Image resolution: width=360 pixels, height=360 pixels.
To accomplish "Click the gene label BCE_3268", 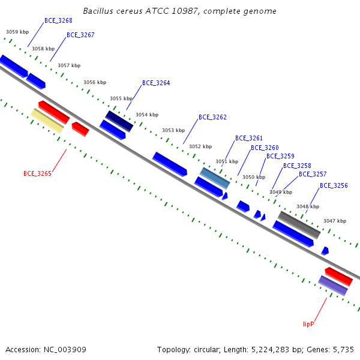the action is (58, 20).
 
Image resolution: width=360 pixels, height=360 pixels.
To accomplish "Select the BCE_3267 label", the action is (80, 35).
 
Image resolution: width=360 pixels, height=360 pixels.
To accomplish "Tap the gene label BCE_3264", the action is (156, 83).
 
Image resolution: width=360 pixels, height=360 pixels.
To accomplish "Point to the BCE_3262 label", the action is (212, 117).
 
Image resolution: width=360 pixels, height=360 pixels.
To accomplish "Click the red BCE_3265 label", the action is (37, 173).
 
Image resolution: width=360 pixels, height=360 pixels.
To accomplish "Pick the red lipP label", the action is (308, 324).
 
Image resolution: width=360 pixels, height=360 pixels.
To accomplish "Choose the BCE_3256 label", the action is (334, 185).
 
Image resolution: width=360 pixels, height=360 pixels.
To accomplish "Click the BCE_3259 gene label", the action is (280, 156).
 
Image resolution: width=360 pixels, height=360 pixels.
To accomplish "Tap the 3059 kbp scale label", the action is (17, 32).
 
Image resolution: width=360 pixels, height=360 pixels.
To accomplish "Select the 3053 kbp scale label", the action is (173, 130).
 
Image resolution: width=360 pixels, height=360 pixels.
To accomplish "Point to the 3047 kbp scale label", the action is (335, 221).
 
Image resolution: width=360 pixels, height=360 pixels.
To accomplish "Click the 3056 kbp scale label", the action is (95, 82).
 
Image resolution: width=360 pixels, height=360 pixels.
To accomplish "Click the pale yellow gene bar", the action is (47, 121).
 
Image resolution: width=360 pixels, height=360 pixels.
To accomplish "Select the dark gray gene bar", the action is (299, 225).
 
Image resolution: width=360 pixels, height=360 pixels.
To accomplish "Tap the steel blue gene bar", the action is (215, 178).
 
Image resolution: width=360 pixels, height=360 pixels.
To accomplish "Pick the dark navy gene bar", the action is (119, 121).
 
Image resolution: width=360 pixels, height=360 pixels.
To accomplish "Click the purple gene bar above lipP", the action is (333, 286).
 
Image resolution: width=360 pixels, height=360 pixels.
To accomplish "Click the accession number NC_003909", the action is (65, 350).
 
